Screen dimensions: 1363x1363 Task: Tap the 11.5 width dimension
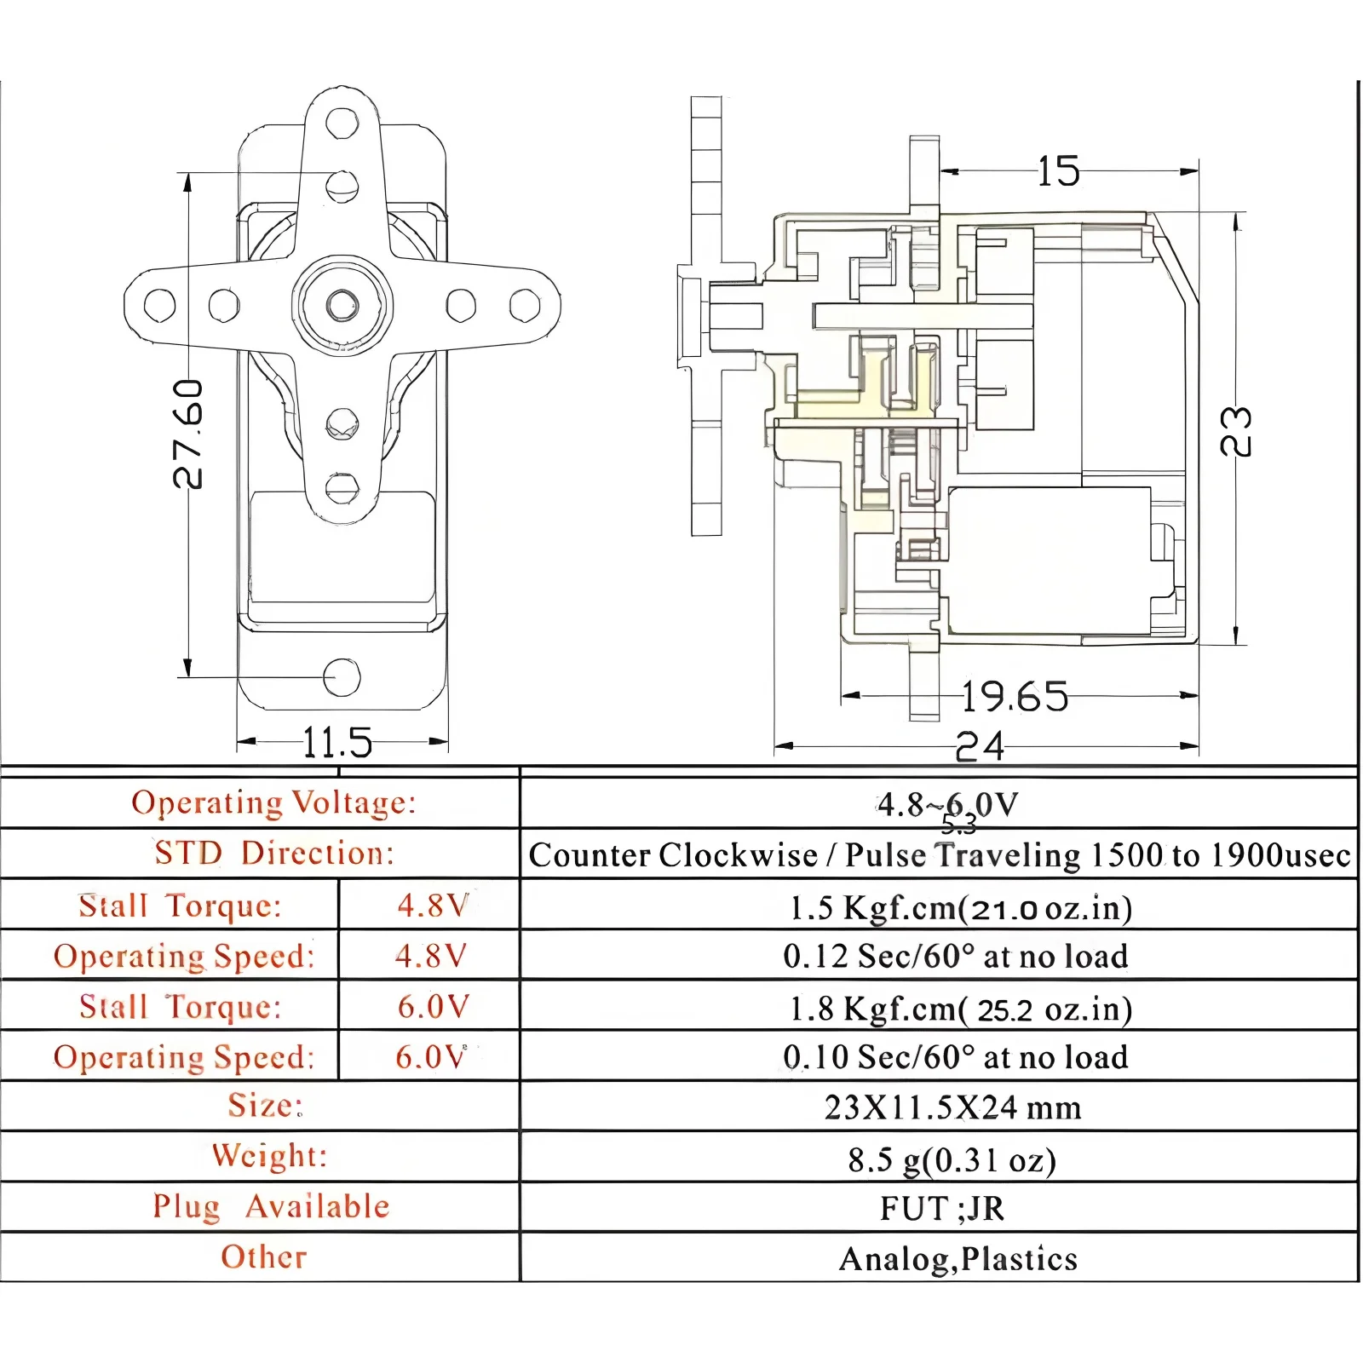[x=337, y=743]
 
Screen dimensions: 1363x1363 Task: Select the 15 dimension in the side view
[x=1059, y=171]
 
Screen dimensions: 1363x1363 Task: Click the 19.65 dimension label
[x=1015, y=697]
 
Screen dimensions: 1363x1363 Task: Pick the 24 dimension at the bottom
[x=980, y=747]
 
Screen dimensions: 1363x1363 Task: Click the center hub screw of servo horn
[x=342, y=303]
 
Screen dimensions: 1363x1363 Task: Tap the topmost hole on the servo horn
[x=342, y=122]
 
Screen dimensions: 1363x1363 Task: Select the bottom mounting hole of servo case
[x=342, y=677]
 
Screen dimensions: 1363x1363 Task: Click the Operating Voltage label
[x=273, y=802]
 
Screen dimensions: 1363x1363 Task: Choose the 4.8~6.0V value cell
[x=947, y=804]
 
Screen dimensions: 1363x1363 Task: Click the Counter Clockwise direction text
[x=673, y=855]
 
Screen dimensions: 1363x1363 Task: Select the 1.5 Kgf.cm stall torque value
[x=960, y=908]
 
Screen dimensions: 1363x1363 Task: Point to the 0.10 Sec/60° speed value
[x=955, y=1057]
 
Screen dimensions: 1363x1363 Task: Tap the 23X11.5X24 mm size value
[x=952, y=1107]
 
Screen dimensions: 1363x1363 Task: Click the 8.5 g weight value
[x=952, y=1159]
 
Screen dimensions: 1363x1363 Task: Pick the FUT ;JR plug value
[x=942, y=1209]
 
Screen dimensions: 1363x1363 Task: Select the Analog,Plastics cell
[x=958, y=1259]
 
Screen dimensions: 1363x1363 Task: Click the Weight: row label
[x=269, y=1156]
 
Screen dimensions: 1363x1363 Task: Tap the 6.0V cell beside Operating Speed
[x=431, y=1057]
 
